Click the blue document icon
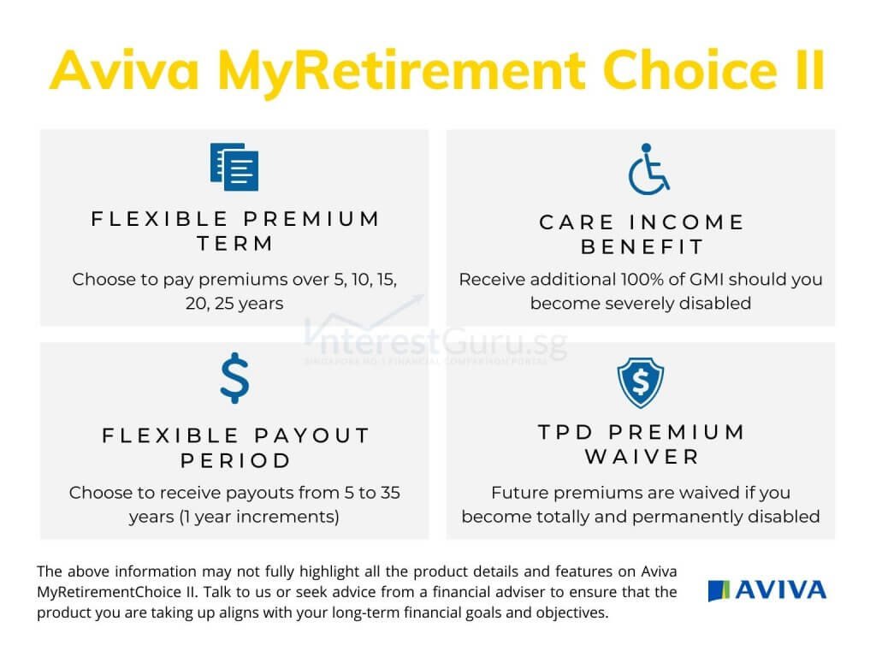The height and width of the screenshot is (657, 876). (x=234, y=167)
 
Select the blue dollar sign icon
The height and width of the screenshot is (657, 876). (x=234, y=379)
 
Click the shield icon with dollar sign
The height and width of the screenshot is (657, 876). (x=641, y=382)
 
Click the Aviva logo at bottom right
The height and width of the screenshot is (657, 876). (x=767, y=590)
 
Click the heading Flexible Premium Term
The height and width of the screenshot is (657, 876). (x=235, y=231)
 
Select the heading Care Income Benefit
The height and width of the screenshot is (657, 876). (x=642, y=234)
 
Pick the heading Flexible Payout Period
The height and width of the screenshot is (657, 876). (x=235, y=447)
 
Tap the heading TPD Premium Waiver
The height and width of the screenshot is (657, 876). (x=642, y=444)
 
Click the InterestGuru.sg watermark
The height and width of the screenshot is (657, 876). (x=435, y=341)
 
